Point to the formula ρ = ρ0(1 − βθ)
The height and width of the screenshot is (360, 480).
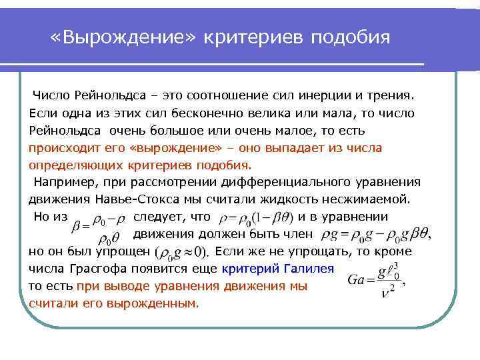coord(255,217)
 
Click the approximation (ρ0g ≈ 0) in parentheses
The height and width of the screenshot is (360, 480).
coord(181,253)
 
